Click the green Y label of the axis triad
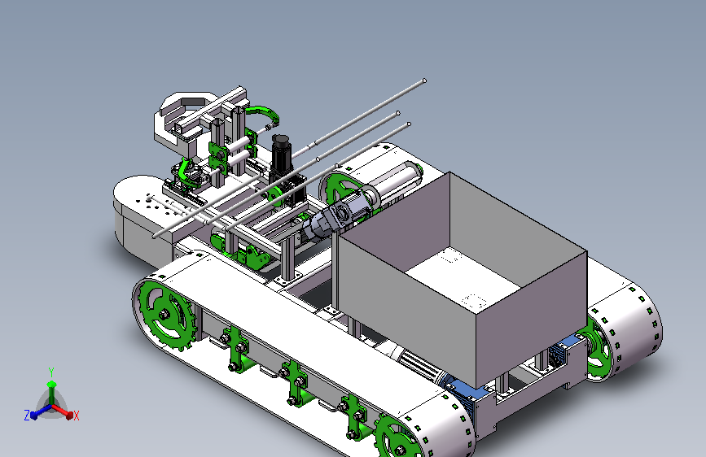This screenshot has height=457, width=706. point(51,372)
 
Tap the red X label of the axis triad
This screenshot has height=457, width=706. point(76,416)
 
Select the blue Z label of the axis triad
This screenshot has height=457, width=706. point(27,416)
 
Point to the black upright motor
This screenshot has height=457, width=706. point(281,159)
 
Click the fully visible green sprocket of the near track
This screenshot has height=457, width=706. point(165,315)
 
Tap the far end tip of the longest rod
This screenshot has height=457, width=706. point(424,81)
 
